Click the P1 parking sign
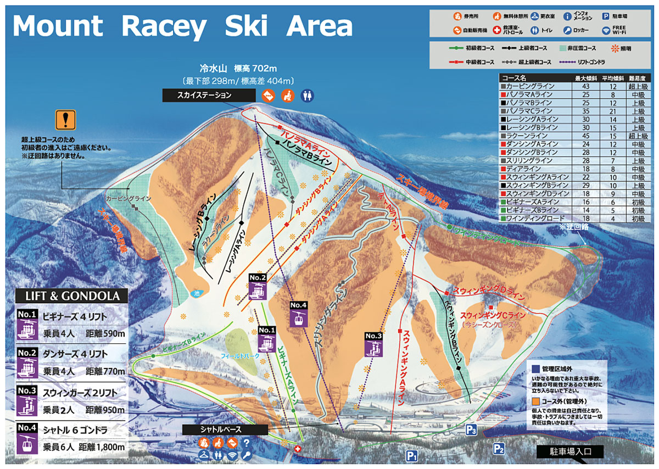tap(412, 455)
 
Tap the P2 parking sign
tap(499, 449)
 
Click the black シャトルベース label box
tap(225, 429)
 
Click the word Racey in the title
tap(164, 26)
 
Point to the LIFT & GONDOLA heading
tap(72, 296)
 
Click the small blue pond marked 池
tap(198, 293)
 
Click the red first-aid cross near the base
tap(298, 449)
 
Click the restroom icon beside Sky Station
tap(307, 96)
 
